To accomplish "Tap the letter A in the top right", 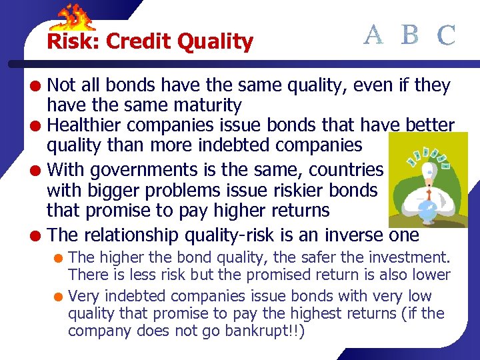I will click(373, 34).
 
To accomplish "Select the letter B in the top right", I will click(411, 34).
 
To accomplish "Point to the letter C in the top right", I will click(447, 35).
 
